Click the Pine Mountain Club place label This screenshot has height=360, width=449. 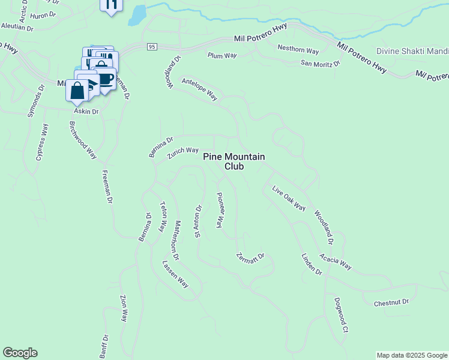(x=234, y=161)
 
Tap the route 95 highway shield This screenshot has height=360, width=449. (x=152, y=47)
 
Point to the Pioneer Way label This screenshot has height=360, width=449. (x=220, y=210)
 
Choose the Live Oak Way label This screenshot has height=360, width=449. (x=289, y=199)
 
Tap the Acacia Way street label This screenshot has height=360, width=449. (x=336, y=262)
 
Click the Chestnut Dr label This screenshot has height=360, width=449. (x=391, y=302)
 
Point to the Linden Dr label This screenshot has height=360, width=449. (x=312, y=264)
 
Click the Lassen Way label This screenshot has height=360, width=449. (x=175, y=274)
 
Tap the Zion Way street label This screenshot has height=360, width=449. (x=124, y=309)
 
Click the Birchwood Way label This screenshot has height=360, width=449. (x=83, y=140)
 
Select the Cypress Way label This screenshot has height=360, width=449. (x=41, y=142)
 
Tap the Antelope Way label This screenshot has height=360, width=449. (x=199, y=88)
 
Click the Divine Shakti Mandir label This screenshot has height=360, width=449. (x=412, y=52)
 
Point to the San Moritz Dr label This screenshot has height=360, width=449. (x=320, y=63)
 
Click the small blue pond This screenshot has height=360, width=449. (x=137, y=14)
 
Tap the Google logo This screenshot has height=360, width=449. (x=20, y=353)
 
